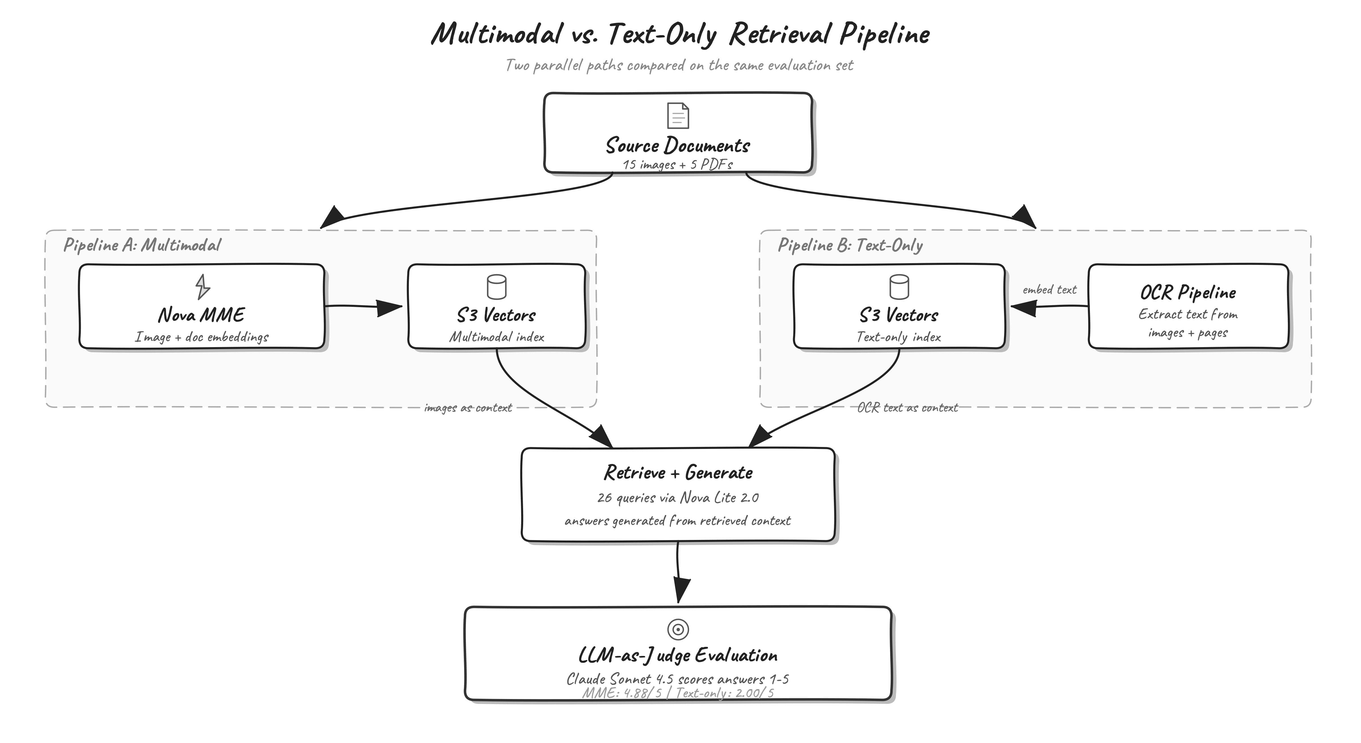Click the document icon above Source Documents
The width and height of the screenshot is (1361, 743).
tap(678, 116)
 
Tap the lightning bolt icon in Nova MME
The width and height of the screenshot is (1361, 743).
tap(202, 286)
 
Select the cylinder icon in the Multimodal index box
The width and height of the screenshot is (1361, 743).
tap(496, 287)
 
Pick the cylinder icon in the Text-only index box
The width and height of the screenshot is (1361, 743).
tap(899, 287)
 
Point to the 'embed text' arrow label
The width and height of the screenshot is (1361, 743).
tap(1049, 290)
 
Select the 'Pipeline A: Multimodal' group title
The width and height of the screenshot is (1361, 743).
tap(142, 245)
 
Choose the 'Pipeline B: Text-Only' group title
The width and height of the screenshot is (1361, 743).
tap(850, 245)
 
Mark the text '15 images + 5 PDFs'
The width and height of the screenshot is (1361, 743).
tap(678, 164)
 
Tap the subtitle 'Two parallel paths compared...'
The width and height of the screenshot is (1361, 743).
tap(679, 65)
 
